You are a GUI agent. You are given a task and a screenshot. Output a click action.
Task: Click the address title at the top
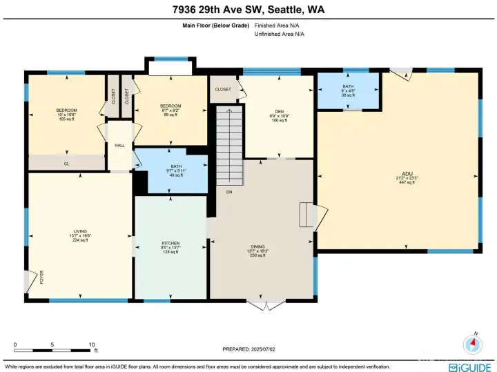tap(248, 10)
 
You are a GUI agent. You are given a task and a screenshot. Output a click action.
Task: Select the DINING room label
tap(257, 251)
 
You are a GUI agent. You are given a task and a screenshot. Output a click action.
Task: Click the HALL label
tap(119, 145)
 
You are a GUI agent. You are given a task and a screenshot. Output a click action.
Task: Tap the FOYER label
tap(41, 279)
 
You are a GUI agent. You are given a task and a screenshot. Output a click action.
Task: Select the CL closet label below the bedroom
tap(67, 164)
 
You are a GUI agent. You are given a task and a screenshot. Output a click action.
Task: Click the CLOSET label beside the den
tap(223, 89)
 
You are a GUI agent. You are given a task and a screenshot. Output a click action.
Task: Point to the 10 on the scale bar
tap(91, 344)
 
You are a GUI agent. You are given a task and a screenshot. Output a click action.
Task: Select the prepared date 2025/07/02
tap(248, 349)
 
